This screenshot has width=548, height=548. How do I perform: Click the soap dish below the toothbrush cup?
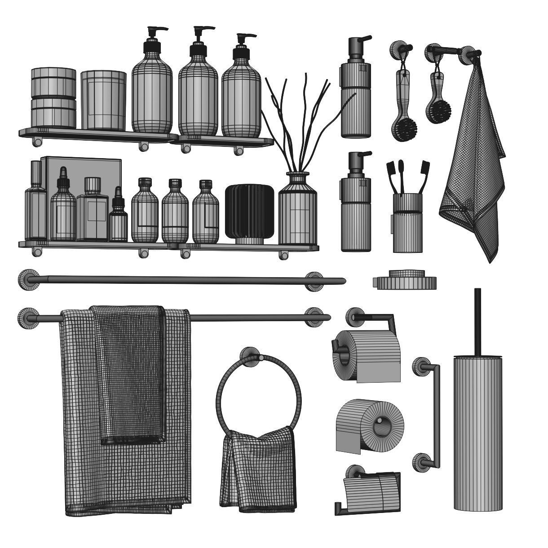pyautogui.click(x=404, y=281)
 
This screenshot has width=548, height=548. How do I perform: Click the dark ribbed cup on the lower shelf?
pyautogui.click(x=249, y=211)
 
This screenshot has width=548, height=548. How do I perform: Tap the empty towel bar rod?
pyautogui.click(x=180, y=281)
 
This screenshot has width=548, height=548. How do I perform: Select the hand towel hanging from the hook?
pyautogui.click(x=474, y=171)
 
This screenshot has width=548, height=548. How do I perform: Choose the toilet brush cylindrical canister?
pyautogui.click(x=477, y=431)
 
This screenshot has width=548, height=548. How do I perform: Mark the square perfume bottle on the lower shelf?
pyautogui.click(x=93, y=209)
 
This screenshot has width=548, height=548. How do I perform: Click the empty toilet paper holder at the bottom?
pyautogui.click(x=371, y=492)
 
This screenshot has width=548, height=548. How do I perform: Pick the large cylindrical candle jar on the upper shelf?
pyautogui.click(x=103, y=101)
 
